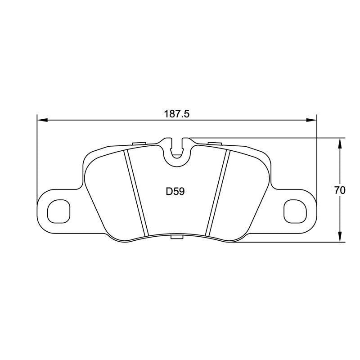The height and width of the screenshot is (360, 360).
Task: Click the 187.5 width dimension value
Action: [177, 114]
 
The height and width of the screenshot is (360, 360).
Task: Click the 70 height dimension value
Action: [340, 190]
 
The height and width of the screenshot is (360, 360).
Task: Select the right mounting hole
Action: [296, 210]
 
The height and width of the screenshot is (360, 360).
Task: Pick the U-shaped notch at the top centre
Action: [177, 151]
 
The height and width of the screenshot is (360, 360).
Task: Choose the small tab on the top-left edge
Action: [140, 144]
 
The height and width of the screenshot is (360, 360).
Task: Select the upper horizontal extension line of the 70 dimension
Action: [270, 138]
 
